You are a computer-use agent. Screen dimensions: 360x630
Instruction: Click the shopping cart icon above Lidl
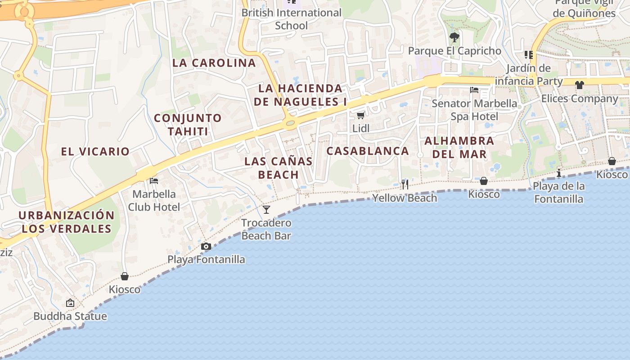(360, 115)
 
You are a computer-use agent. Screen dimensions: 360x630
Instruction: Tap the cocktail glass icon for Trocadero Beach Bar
(266, 209)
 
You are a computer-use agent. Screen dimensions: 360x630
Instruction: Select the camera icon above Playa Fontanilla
(206, 246)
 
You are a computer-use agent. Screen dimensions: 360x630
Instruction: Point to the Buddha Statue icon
(70, 303)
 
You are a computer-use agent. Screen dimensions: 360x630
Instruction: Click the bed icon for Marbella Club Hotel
(154, 181)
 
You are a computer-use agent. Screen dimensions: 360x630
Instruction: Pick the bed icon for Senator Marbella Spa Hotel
(474, 90)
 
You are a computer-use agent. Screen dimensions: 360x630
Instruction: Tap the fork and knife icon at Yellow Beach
(405, 184)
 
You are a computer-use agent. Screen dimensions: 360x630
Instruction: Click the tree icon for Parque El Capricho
(454, 37)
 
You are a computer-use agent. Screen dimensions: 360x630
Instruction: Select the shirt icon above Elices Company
(579, 85)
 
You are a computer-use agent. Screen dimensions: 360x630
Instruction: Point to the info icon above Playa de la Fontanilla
(559, 173)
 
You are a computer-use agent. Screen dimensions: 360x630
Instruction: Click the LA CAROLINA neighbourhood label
(214, 63)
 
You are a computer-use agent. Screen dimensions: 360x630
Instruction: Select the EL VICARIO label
(95, 151)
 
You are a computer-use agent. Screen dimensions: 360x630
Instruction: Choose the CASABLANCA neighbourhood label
(368, 151)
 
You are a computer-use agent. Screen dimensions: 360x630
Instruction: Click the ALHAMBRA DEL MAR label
(459, 147)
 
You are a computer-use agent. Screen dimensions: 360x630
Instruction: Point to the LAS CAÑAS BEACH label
(279, 168)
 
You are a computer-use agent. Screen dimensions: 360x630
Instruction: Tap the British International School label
(292, 19)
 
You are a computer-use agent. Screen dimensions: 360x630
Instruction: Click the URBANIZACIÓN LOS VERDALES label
(67, 222)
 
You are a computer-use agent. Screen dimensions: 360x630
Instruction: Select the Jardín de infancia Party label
(529, 75)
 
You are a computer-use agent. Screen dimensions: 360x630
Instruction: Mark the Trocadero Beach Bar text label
(266, 229)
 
